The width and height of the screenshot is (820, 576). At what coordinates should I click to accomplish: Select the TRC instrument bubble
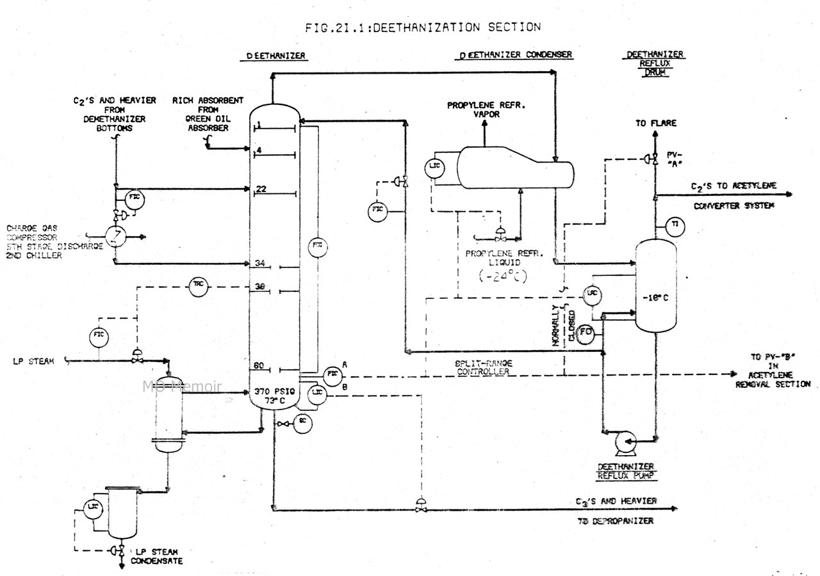197,287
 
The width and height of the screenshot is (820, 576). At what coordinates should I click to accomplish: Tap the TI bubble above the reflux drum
674,225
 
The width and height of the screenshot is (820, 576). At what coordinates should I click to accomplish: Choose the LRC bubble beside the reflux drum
591,294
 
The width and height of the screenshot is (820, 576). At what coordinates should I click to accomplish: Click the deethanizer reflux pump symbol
622,441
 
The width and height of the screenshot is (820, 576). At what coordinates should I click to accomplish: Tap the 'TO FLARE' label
655,123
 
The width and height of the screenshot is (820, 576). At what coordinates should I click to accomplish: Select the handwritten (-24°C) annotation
505,276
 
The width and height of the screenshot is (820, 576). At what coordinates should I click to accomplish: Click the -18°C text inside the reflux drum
655,297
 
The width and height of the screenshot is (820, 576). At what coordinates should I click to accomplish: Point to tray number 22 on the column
261,188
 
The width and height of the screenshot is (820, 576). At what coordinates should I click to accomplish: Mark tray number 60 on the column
259,366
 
